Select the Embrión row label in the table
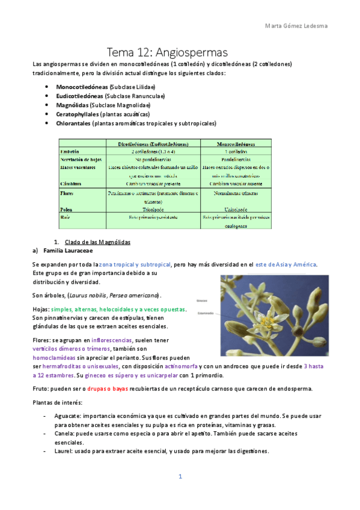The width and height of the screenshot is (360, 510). click(x=71, y=152)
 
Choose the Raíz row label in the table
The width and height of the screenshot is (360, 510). click(x=66, y=217)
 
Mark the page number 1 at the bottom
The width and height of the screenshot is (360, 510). click(x=180, y=477)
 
